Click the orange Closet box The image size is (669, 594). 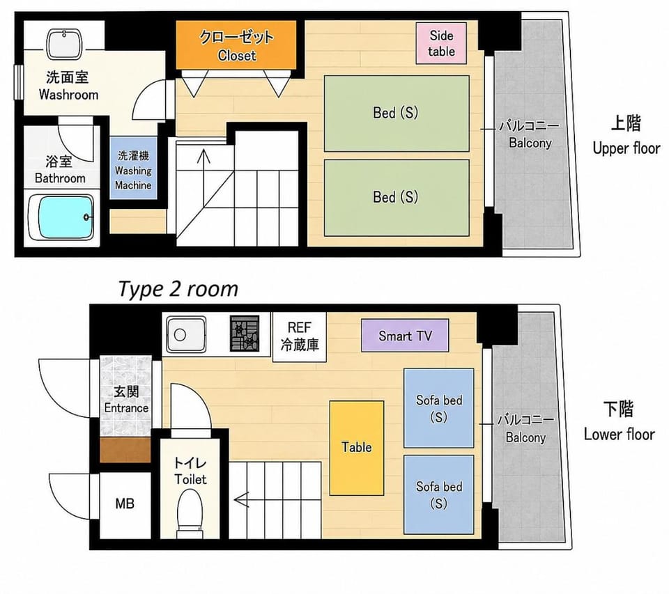click(x=236, y=45)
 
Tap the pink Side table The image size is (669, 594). click(x=441, y=43)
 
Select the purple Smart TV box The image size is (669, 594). click(x=405, y=336)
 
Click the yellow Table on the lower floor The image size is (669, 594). click(x=357, y=448)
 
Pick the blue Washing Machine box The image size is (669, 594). click(x=133, y=168)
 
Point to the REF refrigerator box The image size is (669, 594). click(x=300, y=337)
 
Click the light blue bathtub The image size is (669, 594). click(x=66, y=217)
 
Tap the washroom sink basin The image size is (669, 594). click(x=64, y=43)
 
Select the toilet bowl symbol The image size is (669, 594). click(x=190, y=511)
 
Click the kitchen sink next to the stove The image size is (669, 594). click(x=186, y=335)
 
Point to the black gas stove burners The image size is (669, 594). click(x=245, y=334)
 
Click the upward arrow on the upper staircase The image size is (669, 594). click(x=203, y=156)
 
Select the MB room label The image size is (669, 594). click(x=125, y=503)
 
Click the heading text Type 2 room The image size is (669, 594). click(x=178, y=289)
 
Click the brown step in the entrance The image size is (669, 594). click(x=125, y=449)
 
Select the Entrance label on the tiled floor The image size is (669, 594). click(x=126, y=408)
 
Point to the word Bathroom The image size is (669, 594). click(x=60, y=178)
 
